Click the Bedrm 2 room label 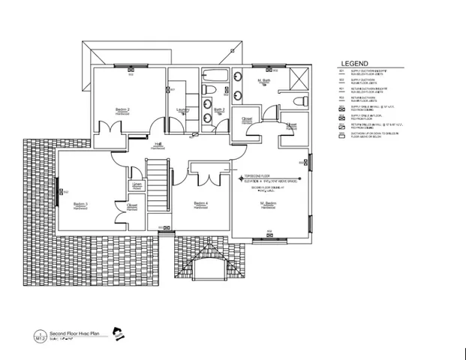123,109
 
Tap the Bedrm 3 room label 81,204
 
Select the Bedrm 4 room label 200,203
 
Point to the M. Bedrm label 269,203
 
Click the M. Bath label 264,80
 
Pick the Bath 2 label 219,109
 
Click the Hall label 158,144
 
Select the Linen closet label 137,184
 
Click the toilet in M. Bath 299,100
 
